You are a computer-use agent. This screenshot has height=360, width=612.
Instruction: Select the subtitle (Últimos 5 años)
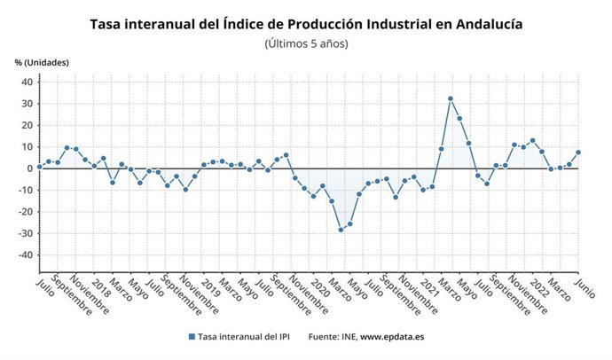click(x=306, y=43)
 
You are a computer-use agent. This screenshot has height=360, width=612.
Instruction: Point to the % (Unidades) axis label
click(x=42, y=62)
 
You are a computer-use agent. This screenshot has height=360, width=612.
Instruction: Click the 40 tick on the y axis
click(x=27, y=82)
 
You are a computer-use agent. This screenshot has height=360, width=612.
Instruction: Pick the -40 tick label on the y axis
click(x=25, y=254)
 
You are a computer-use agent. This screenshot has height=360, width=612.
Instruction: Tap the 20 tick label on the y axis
click(x=27, y=125)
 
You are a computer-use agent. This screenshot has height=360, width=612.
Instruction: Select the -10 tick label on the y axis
click(x=25, y=190)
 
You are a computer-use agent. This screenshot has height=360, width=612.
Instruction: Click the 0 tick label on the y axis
click(x=29, y=168)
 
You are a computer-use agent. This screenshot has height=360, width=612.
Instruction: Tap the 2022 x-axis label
click(x=538, y=288)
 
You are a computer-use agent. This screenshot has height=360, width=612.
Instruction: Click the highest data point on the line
click(x=451, y=98)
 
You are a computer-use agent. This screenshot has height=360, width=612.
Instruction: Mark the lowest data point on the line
click(x=341, y=230)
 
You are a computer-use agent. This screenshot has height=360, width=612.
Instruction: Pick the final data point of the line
click(x=578, y=152)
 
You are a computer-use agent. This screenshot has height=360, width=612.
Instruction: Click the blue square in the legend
click(x=192, y=337)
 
